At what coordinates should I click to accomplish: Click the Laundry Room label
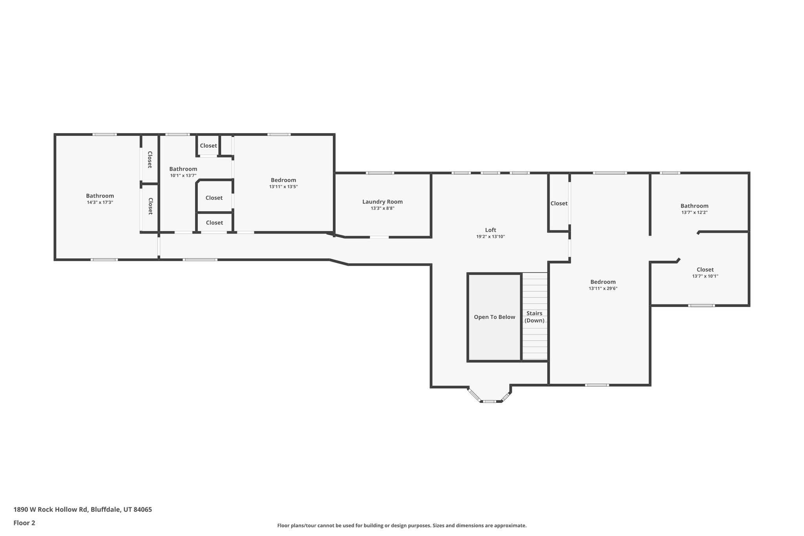click(x=382, y=202)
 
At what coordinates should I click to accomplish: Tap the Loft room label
click(x=490, y=230)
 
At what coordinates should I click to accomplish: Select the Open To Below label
click(x=494, y=317)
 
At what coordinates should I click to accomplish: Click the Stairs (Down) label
click(x=534, y=317)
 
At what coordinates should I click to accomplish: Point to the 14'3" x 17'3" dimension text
click(x=100, y=202)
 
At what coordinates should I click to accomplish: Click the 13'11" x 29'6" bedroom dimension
click(x=603, y=288)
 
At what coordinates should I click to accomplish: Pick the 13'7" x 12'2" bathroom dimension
click(x=694, y=212)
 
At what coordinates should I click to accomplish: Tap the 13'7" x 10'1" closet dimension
click(x=705, y=276)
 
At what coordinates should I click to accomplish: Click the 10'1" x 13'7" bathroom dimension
click(x=183, y=176)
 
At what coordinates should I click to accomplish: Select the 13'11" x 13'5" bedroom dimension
click(x=283, y=187)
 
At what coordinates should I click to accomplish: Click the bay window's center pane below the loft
click(x=490, y=401)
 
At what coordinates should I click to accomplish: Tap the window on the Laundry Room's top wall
click(x=380, y=173)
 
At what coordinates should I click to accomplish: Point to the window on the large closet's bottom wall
click(x=701, y=306)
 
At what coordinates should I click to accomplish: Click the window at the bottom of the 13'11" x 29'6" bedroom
click(x=597, y=385)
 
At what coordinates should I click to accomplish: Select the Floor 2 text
click(x=24, y=523)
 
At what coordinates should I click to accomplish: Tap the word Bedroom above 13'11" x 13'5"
click(x=283, y=180)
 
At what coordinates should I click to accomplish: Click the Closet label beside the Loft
click(x=559, y=203)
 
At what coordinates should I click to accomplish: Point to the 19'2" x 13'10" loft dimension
click(x=490, y=237)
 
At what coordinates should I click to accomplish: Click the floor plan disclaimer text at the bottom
click(x=402, y=525)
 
